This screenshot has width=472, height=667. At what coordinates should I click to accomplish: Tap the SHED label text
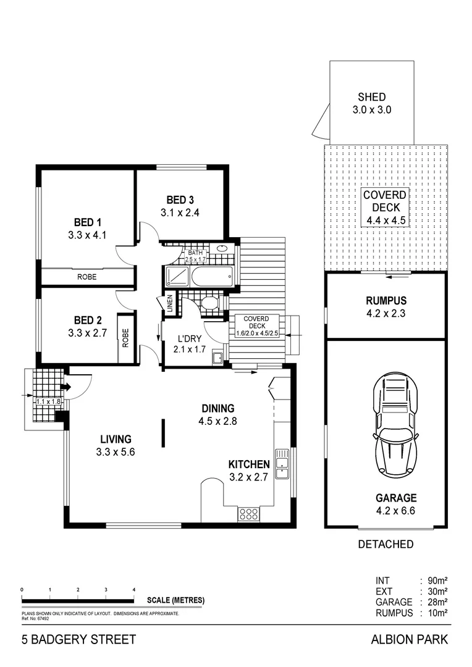[371, 97]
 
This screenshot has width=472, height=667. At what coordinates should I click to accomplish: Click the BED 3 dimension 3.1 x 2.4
[180, 212]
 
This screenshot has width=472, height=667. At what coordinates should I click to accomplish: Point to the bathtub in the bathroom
[212, 276]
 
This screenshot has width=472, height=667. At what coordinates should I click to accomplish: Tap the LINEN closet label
[168, 303]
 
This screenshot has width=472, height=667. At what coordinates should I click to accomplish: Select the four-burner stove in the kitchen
[248, 512]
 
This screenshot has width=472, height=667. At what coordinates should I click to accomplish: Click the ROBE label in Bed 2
[125, 340]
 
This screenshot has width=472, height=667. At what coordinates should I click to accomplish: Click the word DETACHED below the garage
[386, 544]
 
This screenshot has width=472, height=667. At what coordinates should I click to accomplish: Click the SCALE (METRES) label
[175, 600]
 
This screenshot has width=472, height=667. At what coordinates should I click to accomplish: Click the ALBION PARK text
[409, 640]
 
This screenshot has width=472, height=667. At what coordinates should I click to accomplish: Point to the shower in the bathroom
[177, 276]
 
